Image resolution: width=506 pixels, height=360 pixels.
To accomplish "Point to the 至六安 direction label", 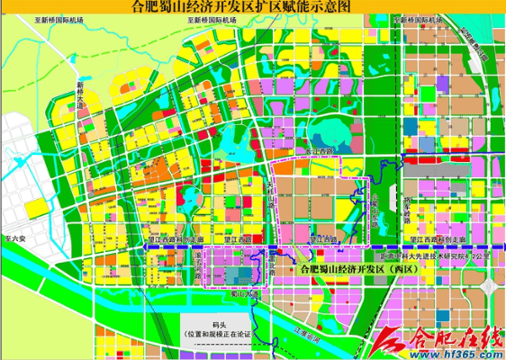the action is (x=12, y=240).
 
